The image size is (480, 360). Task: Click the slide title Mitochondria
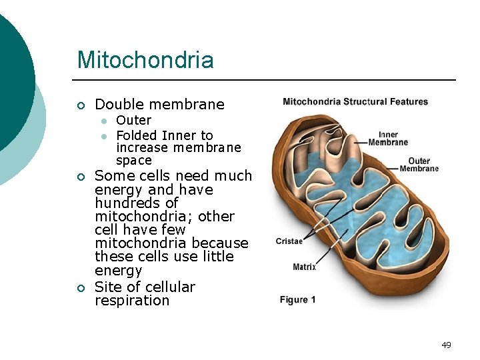145,60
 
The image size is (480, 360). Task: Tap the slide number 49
446,345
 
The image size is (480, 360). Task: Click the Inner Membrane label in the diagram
388,139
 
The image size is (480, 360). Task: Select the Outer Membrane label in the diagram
419,165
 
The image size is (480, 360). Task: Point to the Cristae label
289,241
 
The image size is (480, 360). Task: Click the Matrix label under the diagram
304,267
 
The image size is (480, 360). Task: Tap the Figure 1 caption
297,300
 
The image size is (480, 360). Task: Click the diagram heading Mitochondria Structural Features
355,102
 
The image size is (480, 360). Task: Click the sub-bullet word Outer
133,120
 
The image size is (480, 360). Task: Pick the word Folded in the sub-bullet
137,135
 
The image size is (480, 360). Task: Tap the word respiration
132,301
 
